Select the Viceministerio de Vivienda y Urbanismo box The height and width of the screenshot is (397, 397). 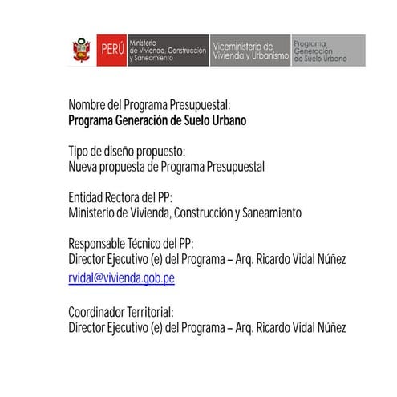point(249,51)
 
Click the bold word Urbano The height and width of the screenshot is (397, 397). point(225,121)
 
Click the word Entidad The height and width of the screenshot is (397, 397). point(87,197)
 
